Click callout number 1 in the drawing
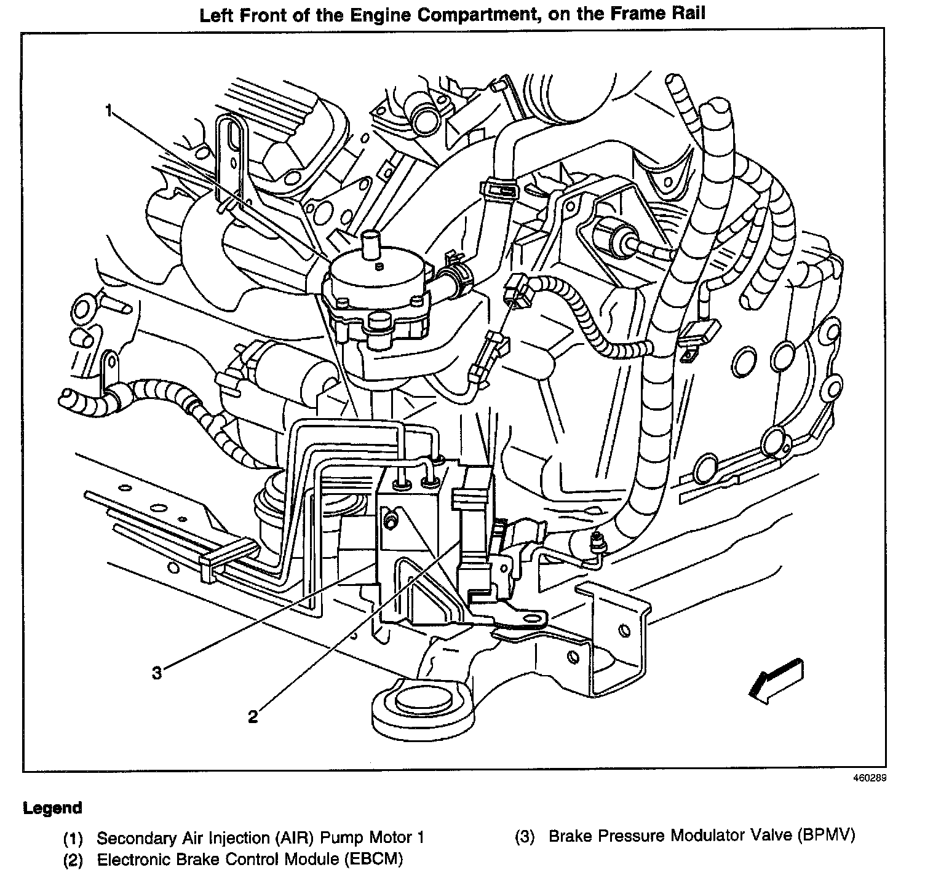point(109,111)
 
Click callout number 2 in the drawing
point(253,716)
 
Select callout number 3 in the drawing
point(157,673)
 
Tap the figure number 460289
point(869,778)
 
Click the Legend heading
point(52,808)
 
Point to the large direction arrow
point(776,681)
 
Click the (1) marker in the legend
point(73,838)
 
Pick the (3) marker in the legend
point(525,836)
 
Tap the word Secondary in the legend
point(137,837)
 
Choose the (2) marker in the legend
point(73,860)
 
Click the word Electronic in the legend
point(135,858)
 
